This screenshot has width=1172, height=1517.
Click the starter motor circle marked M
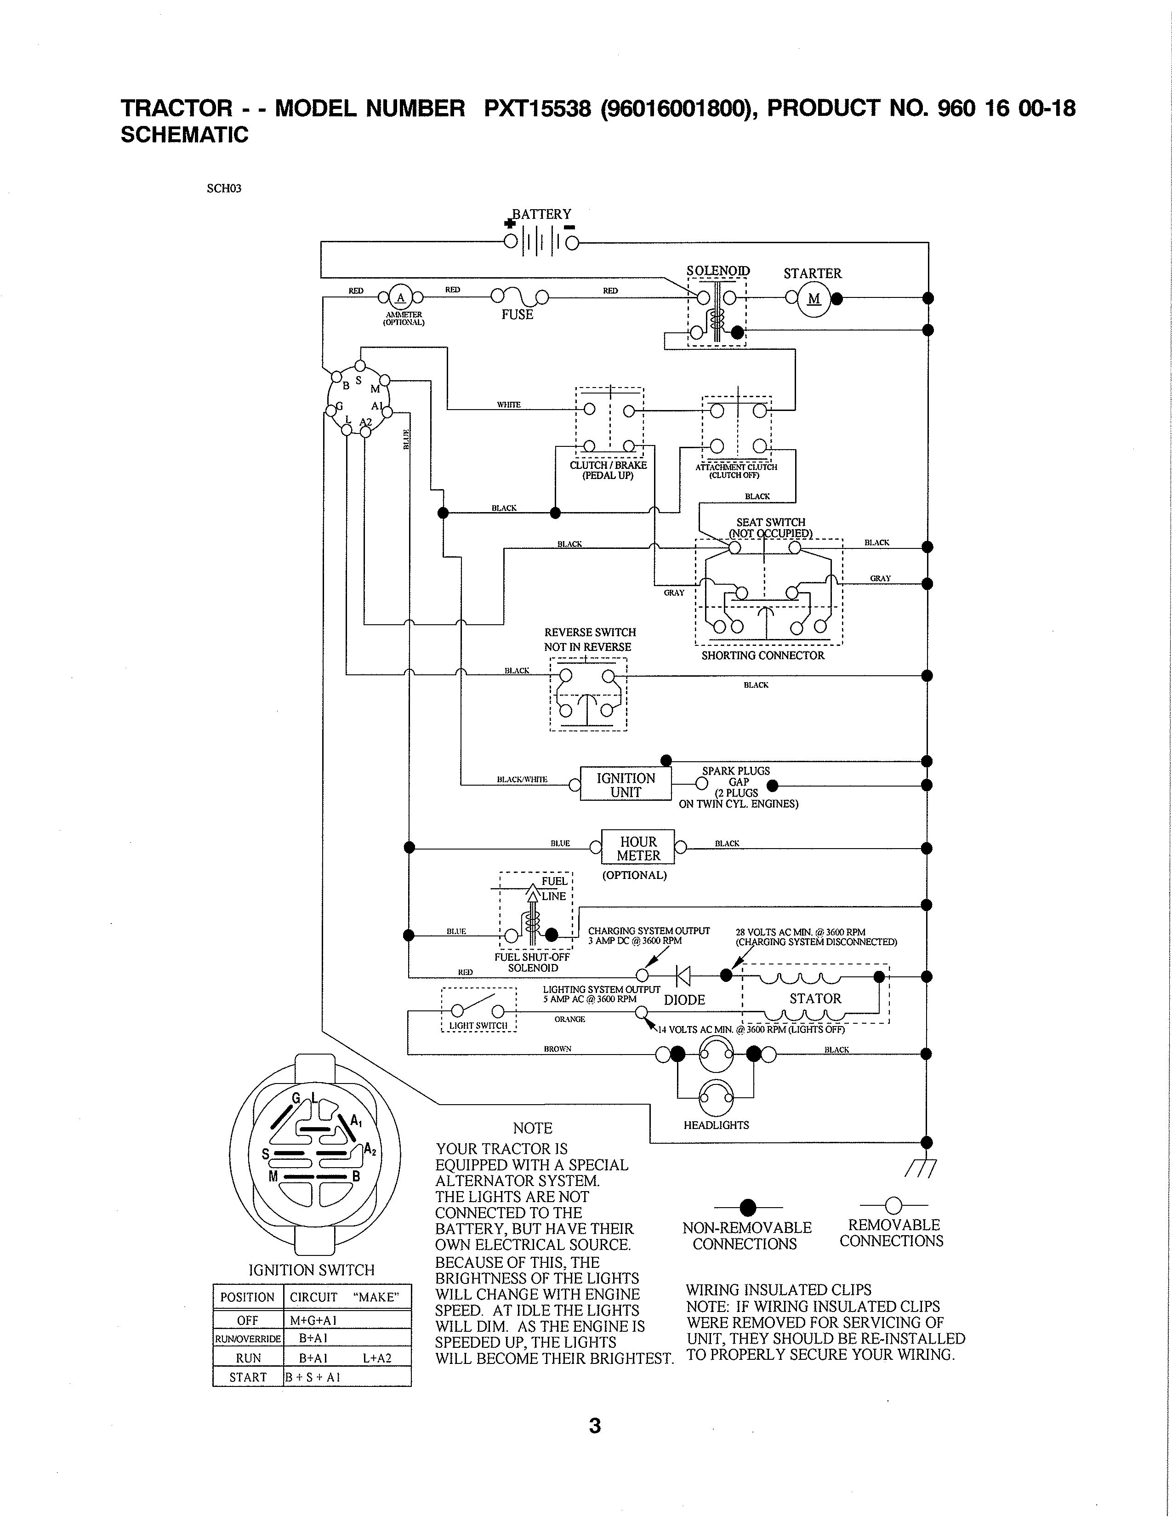[x=814, y=299]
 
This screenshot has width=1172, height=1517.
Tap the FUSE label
[x=517, y=314]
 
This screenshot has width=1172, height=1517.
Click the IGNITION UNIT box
[x=626, y=785]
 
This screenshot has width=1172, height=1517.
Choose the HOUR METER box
[x=638, y=848]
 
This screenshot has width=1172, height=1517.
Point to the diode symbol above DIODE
[x=683, y=976]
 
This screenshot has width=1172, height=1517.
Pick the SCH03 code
[x=223, y=188]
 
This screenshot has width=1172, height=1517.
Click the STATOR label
[x=815, y=999]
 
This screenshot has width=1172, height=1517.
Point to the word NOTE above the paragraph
[x=533, y=1128]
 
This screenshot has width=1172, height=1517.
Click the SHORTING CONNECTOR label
[x=762, y=655]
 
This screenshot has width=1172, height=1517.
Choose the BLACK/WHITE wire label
[x=522, y=779]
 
